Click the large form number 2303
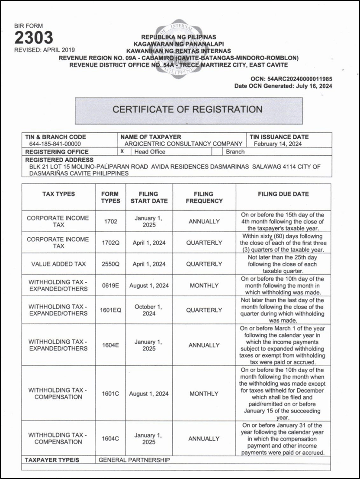coord(34,38)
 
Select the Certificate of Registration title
coord(187,109)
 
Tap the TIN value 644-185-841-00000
coord(55,144)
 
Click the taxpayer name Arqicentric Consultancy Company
coord(183,144)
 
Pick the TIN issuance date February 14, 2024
coord(278,144)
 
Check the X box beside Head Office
coord(122,152)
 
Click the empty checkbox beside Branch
coord(217,152)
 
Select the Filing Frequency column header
coord(204,198)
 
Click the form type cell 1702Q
coord(111,243)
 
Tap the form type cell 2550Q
coord(111,264)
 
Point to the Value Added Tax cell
coord(58,264)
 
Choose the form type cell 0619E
coord(111,286)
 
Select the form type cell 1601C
coord(111,394)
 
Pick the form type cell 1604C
coord(111,438)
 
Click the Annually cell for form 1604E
coord(204,345)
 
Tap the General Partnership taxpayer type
coord(134,460)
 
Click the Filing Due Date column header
coord(283,194)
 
